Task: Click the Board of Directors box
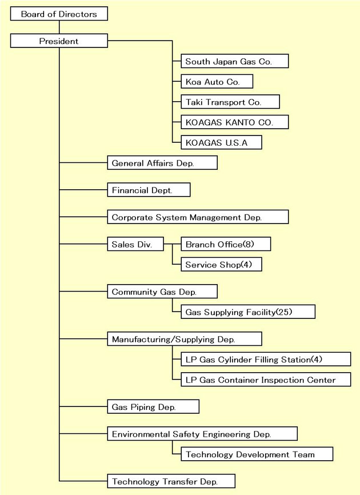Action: click(59, 14)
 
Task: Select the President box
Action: click(59, 41)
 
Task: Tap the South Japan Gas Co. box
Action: click(235, 61)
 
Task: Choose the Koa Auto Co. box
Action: click(217, 81)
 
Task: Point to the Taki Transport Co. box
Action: click(230, 102)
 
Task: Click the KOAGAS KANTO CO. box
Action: click(235, 122)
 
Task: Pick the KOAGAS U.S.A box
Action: click(221, 142)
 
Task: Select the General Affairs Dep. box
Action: click(162, 163)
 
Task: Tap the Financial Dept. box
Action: click(149, 190)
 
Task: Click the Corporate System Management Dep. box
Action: click(198, 217)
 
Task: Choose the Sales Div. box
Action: click(135, 244)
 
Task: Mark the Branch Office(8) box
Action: click(226, 244)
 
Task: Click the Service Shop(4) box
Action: click(221, 264)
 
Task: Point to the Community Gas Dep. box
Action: click(162, 292)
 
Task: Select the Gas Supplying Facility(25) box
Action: click(248, 312)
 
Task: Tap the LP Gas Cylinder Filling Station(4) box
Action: click(266, 360)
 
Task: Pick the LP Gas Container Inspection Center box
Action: click(266, 380)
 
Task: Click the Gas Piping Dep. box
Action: click(153, 406)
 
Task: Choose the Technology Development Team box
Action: click(257, 454)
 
